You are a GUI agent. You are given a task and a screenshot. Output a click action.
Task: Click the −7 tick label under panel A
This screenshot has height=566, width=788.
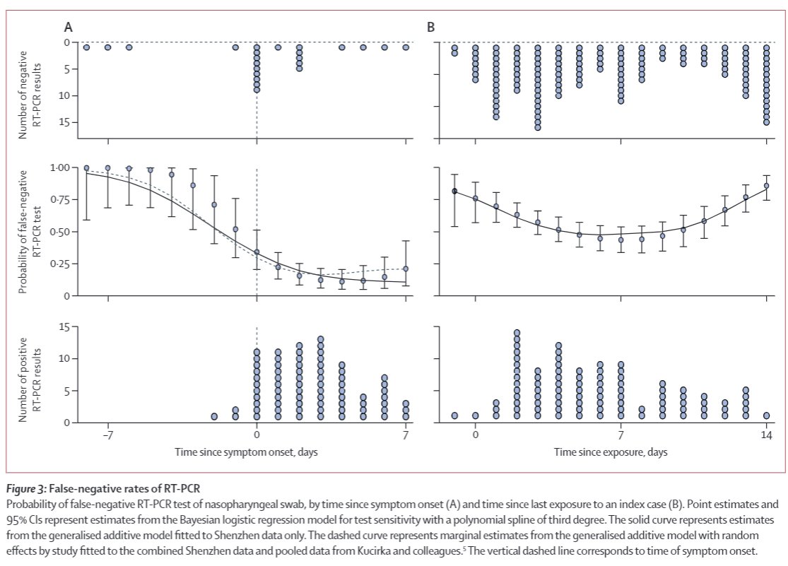(x=107, y=436)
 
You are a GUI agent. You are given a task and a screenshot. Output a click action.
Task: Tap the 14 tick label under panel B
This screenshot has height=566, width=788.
(x=766, y=436)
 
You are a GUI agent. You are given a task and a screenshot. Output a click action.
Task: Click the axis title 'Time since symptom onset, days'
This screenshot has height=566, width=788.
(x=257, y=452)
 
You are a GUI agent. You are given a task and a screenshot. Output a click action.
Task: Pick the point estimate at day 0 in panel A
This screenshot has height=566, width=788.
(x=257, y=252)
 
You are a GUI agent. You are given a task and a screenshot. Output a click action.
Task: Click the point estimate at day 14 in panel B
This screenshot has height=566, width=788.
(x=766, y=186)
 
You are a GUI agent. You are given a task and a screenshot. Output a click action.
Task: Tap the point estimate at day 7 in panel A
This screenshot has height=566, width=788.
(x=406, y=269)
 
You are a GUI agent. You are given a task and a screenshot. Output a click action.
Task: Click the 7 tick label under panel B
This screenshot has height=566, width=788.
(x=621, y=436)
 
